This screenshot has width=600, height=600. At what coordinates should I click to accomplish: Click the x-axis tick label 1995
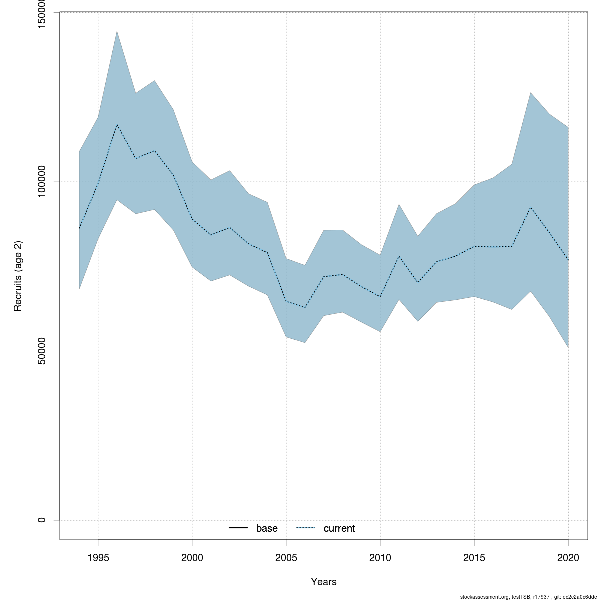click(98, 557)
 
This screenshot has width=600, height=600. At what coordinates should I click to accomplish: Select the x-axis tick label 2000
click(192, 557)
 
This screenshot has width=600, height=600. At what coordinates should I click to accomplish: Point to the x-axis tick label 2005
click(286, 557)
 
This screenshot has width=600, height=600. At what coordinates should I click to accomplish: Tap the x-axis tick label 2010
click(380, 557)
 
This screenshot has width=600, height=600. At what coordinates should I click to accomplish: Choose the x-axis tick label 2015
click(474, 557)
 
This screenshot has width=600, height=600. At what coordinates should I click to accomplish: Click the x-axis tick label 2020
click(568, 557)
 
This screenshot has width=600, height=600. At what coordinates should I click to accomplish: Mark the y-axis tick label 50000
click(42, 351)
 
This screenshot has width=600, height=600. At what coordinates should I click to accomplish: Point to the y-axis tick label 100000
click(42, 182)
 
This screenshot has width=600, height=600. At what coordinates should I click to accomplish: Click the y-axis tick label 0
click(42, 520)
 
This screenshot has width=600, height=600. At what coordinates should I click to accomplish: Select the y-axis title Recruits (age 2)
click(18, 276)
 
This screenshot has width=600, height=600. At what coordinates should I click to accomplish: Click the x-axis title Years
click(324, 582)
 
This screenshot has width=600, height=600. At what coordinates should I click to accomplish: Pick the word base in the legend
click(267, 528)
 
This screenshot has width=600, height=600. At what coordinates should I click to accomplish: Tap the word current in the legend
click(339, 528)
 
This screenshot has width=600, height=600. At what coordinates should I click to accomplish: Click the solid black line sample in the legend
click(238, 528)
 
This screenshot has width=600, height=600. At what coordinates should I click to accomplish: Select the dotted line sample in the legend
click(306, 528)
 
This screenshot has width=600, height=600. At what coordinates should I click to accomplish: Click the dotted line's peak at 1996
click(117, 124)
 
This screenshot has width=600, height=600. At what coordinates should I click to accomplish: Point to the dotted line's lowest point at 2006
click(305, 307)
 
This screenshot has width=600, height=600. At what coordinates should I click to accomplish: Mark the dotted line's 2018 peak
click(530, 207)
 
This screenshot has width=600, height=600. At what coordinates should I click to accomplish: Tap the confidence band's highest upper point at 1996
click(117, 31)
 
